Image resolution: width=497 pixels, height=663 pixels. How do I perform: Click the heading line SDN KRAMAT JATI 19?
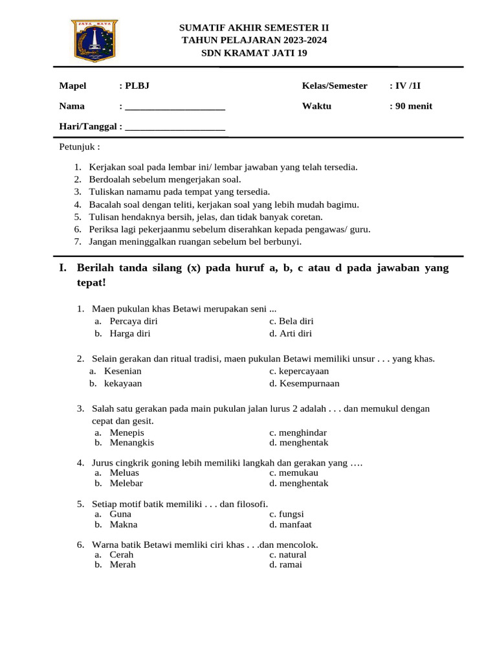point(254,53)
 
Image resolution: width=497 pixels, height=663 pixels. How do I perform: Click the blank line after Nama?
point(175,107)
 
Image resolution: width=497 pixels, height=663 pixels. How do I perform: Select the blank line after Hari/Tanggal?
point(175,128)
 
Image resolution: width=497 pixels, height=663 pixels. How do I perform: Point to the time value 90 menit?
point(414,106)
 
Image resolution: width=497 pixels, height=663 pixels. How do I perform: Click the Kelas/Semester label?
point(335,85)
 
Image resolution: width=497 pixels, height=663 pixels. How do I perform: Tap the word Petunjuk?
point(80,146)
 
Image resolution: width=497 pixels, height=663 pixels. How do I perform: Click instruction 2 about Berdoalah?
point(165,179)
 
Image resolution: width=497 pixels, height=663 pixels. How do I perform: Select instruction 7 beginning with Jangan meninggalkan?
point(195,242)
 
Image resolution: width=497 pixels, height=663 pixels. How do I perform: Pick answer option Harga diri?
point(130,333)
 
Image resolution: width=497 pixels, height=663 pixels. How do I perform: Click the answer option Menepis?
point(127,433)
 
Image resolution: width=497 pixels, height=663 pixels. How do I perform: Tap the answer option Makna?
point(124,524)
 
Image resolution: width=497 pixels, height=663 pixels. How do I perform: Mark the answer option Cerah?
point(122,555)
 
